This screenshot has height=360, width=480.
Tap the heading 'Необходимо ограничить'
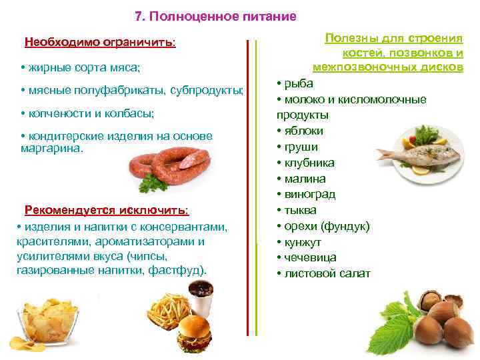pos(100,43)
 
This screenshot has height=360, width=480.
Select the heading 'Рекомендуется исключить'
pos(107,211)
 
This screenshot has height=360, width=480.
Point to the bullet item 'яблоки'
pos(303,131)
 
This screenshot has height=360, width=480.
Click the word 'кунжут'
pos(303,242)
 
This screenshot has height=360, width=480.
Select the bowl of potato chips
pos(47,323)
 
